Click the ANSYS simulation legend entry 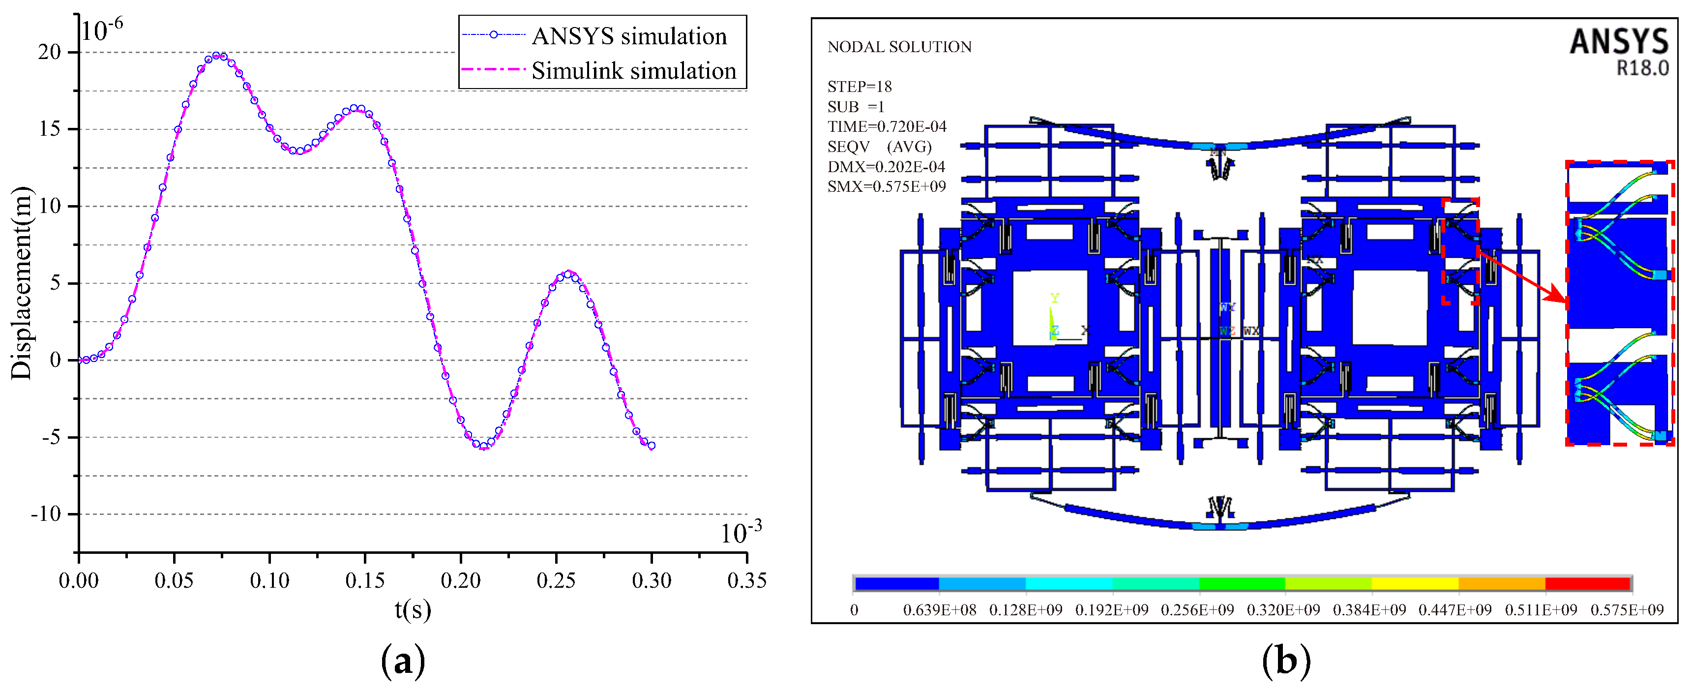pyautogui.click(x=628, y=36)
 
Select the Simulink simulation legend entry pyautogui.click(x=633, y=71)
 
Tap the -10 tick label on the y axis pyautogui.click(x=46, y=514)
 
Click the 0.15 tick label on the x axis pyautogui.click(x=365, y=580)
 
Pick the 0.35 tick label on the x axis pyautogui.click(x=746, y=580)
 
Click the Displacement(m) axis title pyautogui.click(x=22, y=283)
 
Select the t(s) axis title pyautogui.click(x=412, y=610)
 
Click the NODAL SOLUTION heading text pyautogui.click(x=899, y=47)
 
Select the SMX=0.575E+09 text pyautogui.click(x=886, y=187)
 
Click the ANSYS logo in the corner pyautogui.click(x=1618, y=42)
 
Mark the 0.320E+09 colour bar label pyautogui.click(x=1283, y=610)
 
